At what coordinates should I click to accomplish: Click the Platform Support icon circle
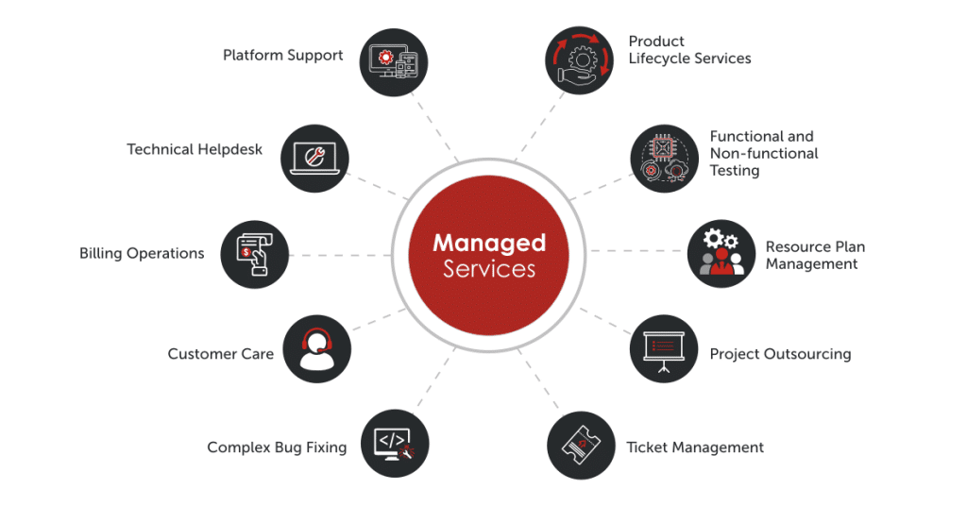(x=395, y=61)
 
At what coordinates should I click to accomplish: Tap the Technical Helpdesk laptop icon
(x=315, y=157)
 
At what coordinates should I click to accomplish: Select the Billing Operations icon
(x=255, y=253)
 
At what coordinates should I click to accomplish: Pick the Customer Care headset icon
(x=316, y=348)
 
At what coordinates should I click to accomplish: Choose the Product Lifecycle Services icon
(x=580, y=61)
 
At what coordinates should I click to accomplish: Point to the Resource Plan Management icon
(x=721, y=253)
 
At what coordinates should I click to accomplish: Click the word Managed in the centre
(x=489, y=243)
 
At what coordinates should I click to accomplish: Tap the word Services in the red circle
(x=489, y=269)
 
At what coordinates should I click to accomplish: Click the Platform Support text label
(x=282, y=55)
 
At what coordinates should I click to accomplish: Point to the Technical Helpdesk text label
(x=195, y=149)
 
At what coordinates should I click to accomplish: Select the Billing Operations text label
(x=142, y=253)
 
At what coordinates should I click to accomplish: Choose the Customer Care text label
(x=220, y=354)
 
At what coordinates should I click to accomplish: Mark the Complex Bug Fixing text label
(x=277, y=447)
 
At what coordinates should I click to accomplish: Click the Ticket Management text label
(x=695, y=447)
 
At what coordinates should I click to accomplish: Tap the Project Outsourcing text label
(x=780, y=354)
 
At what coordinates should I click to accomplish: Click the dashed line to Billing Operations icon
(x=340, y=254)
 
